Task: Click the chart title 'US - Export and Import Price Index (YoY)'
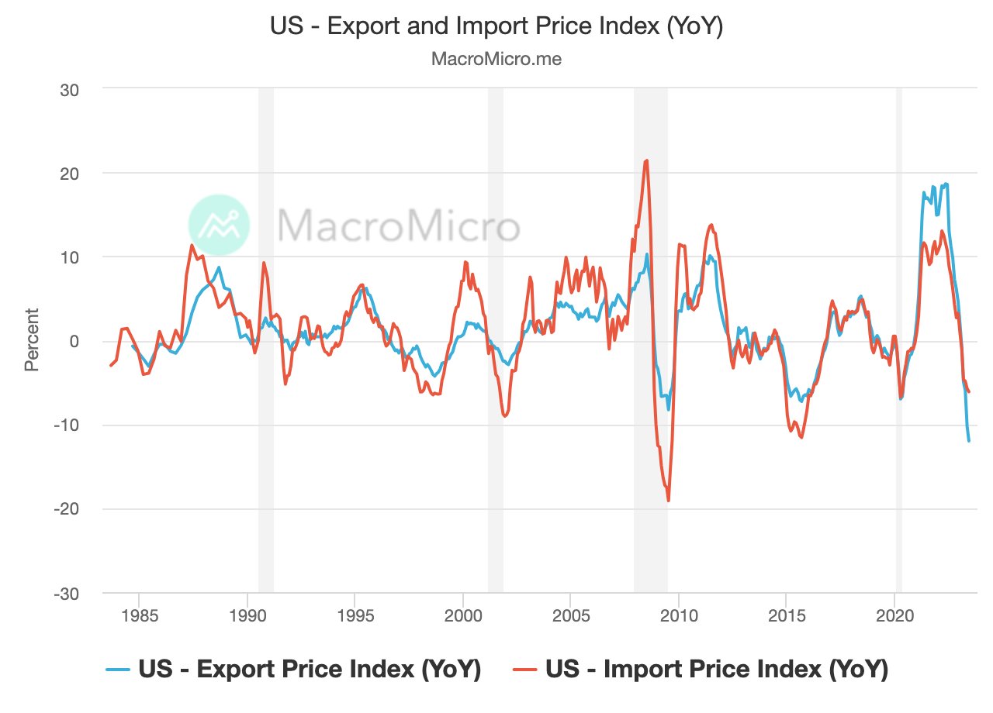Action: pos(496,27)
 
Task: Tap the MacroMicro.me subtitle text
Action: pos(496,59)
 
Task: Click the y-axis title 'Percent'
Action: pos(32,340)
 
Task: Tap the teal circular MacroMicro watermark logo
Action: pos(220,225)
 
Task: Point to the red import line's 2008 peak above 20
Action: pos(646,160)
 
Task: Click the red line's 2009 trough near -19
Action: pos(668,501)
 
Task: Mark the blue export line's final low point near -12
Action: pos(969,441)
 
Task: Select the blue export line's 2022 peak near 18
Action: pos(946,184)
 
